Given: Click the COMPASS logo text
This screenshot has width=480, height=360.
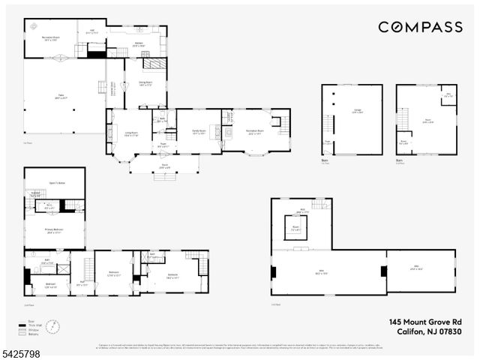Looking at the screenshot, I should click(420, 27).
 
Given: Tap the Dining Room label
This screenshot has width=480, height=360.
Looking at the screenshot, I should click(145, 84).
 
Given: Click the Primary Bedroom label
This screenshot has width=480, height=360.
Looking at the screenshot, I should click(54, 231).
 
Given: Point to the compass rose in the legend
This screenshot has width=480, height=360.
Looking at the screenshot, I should click(52, 328).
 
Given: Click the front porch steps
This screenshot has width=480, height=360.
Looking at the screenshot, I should click(163, 177).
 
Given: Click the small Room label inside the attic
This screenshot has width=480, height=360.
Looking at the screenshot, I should click(296, 227).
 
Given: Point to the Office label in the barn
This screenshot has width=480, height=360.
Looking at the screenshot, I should click(448, 96).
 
